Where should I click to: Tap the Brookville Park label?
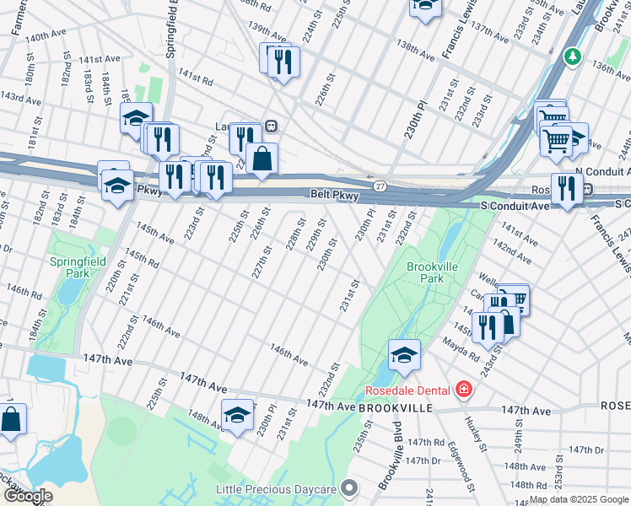(425, 272)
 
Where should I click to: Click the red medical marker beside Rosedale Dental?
(463, 390)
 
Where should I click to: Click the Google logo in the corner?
(27, 496)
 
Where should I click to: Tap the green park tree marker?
(574, 56)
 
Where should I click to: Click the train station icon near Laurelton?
(272, 125)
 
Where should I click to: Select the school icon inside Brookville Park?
(405, 355)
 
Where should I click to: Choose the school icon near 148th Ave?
(238, 414)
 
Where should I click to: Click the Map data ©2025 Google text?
(579, 499)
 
